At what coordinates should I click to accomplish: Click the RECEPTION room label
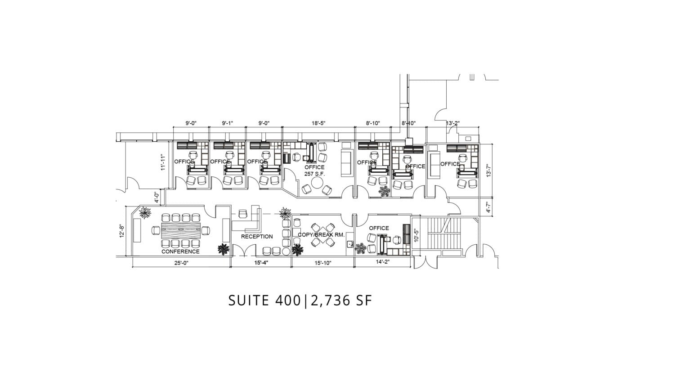point(257,237)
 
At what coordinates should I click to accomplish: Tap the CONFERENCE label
point(180,252)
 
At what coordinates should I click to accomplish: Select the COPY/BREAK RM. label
point(321,235)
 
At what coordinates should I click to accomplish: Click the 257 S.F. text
point(314,174)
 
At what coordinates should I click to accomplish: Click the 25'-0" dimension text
point(181,263)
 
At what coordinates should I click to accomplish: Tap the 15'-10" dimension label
point(323,263)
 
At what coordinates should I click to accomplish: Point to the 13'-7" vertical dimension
point(489,170)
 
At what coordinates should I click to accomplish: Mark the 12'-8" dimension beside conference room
point(121,232)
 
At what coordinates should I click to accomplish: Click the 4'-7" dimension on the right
point(489,207)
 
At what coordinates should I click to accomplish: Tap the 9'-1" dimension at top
point(228,123)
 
